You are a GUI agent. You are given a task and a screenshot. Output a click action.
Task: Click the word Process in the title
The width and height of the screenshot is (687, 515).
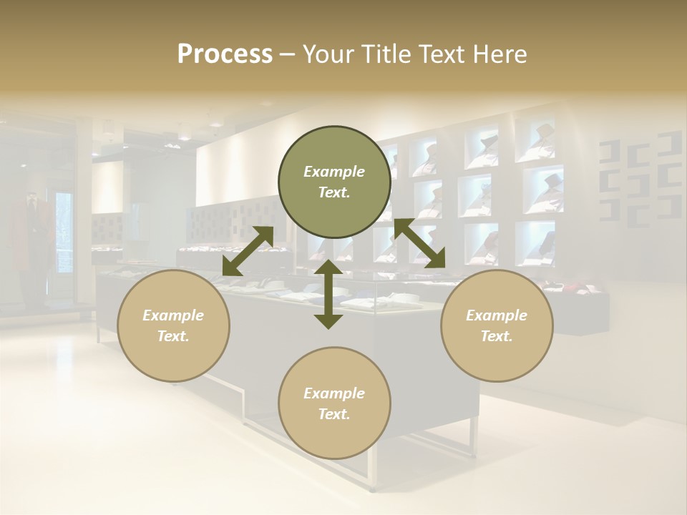coord(225,54)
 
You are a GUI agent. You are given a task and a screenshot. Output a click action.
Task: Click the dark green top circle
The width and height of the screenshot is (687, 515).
coord(334,182)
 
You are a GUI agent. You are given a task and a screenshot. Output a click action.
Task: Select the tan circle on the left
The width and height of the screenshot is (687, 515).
coord(173,325)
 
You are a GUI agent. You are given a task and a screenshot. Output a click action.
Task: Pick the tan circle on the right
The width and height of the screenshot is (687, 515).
coord(497,325)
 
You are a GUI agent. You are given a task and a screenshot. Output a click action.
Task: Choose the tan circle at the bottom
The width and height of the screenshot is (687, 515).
coord(334,403)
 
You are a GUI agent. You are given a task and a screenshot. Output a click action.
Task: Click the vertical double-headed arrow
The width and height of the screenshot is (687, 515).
coord(328,294)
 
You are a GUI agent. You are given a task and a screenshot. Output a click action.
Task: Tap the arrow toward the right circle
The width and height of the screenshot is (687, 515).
coord(419,244)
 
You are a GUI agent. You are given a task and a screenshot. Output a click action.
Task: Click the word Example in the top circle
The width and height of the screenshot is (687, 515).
coord(334,172)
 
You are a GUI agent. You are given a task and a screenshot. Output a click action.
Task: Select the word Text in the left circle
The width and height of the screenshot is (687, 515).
coord(172,336)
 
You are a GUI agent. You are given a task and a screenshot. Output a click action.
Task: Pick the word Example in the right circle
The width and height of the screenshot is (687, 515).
coord(497,315)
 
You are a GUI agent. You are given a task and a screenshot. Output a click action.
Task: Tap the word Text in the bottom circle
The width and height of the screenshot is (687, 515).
coord(333,414)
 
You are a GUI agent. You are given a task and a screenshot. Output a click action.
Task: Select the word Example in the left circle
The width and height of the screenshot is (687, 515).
coord(173,315)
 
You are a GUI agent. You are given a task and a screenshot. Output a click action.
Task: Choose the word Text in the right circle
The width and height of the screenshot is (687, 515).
coord(496,336)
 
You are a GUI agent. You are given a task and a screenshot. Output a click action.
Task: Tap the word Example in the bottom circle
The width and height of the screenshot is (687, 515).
coord(334,393)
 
